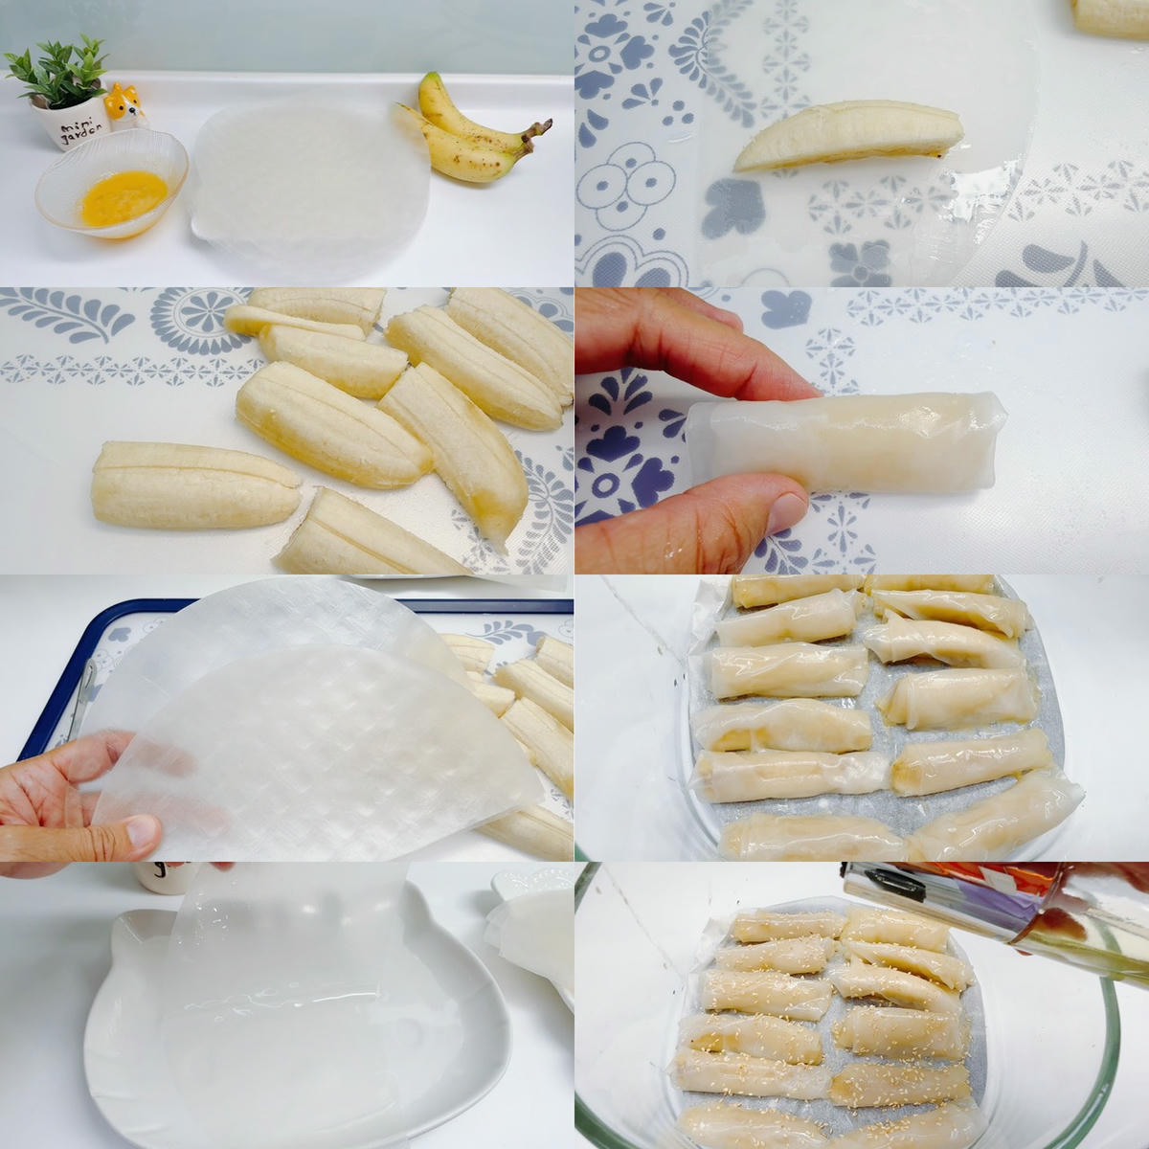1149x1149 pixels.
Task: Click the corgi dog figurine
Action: [124, 105]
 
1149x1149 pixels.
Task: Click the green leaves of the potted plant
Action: [57, 70]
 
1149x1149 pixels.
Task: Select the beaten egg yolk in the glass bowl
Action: [124, 197]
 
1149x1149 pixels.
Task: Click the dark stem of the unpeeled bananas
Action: [535, 136]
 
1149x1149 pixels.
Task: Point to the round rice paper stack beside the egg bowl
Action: [310, 188]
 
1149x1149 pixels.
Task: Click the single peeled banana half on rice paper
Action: [848, 135]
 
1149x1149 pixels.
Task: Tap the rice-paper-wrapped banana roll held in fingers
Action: [845, 443]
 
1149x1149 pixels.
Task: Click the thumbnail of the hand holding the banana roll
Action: [787, 512]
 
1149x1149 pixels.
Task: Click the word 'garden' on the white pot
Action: [79, 138]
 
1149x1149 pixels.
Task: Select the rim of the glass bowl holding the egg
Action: [111, 183]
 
